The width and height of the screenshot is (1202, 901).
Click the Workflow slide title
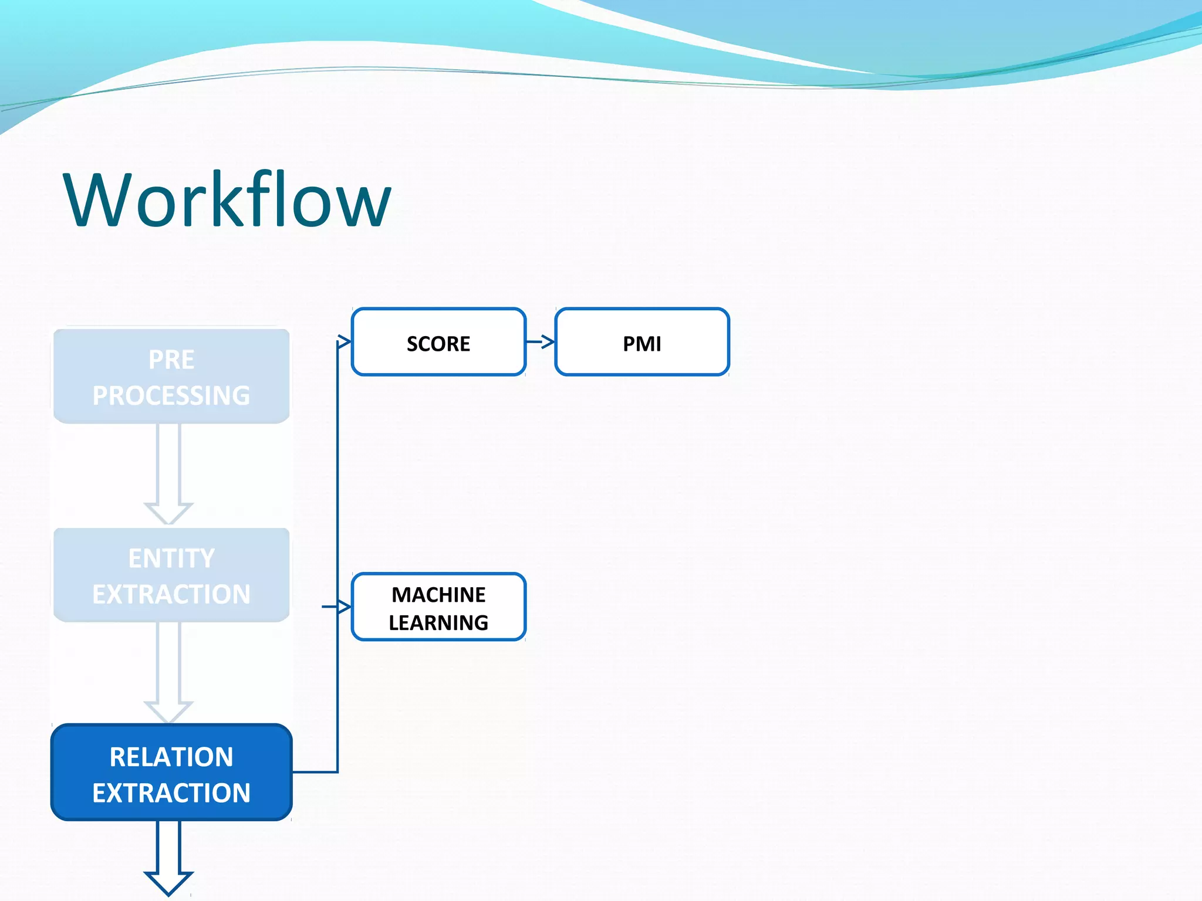[x=227, y=199]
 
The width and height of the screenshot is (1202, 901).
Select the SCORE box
[x=438, y=342]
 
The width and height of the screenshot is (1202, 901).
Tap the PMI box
[x=641, y=342]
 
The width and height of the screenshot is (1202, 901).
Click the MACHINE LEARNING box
[x=438, y=607]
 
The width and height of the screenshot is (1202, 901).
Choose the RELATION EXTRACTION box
[x=171, y=773]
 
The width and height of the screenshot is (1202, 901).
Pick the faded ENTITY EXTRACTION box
[x=171, y=575]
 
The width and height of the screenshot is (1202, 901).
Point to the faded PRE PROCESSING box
[x=171, y=377]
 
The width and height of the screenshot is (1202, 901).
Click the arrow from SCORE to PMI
[x=541, y=341]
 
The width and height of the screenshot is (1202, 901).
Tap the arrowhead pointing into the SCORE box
[x=345, y=341]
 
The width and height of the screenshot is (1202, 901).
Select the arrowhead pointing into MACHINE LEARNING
[x=344, y=607]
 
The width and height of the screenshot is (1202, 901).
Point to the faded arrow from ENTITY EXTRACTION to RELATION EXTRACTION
[x=168, y=672]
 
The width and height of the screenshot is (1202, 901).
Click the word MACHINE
[x=438, y=595]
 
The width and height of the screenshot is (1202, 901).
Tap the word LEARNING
[x=438, y=622]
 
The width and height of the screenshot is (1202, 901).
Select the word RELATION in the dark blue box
[x=171, y=757]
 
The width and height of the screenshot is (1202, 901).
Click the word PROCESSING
[x=171, y=395]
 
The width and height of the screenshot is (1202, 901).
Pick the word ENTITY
[x=171, y=558]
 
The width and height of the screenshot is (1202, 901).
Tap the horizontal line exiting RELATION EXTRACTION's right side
[x=315, y=772]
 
